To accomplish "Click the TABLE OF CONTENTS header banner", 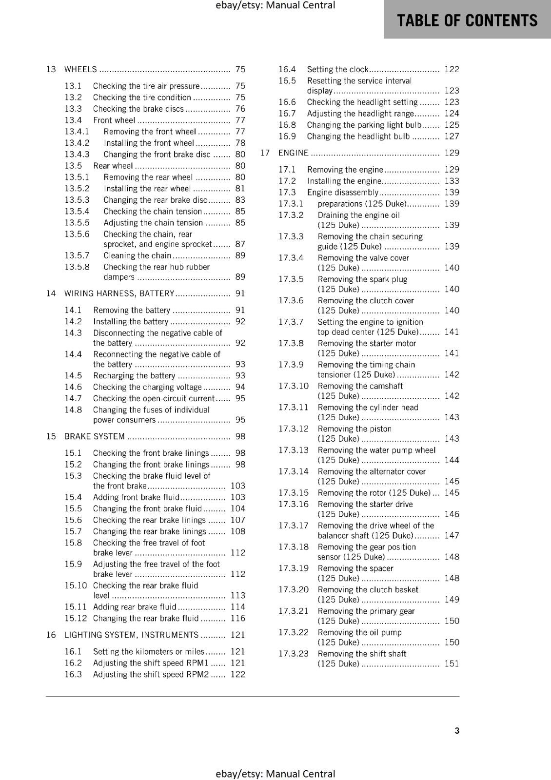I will tap(467, 20).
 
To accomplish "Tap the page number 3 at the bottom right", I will tap(456, 730).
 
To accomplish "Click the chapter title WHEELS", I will tap(80, 69).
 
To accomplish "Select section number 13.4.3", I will tap(77, 155).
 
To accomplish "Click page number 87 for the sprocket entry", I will tap(240, 244).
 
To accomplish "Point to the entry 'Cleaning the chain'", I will tap(137, 255).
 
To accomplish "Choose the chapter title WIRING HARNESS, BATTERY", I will tap(119, 293).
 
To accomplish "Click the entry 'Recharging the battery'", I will tap(134, 375).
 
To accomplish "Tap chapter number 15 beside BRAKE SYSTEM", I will tap(51, 436).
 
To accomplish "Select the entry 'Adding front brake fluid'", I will tap(137, 497).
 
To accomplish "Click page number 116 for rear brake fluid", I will tap(237, 618).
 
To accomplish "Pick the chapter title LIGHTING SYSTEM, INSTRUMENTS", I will tap(131, 635).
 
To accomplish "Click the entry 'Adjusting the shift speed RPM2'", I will tap(151, 674).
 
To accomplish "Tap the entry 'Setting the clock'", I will tap(337, 69).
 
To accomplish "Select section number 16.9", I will tap(287, 136).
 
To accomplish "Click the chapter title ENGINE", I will tap(293, 153).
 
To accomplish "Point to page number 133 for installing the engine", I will tap(452, 181).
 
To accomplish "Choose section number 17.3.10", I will tap(294, 386).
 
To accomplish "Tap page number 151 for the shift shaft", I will tap(452, 663).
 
